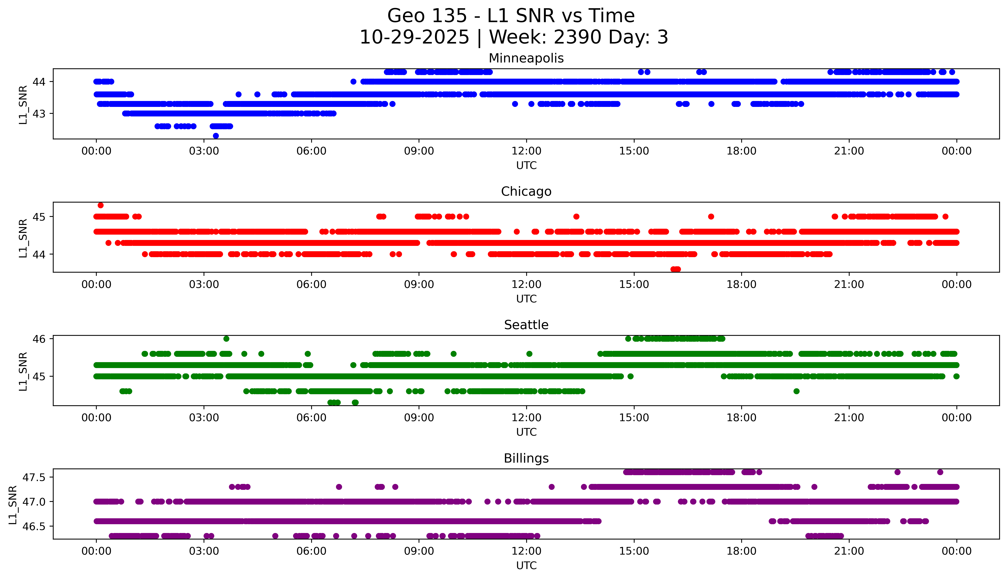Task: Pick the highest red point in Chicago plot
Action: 101,205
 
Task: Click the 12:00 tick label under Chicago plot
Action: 526,284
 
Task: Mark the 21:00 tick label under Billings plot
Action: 849,551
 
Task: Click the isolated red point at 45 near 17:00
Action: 711,217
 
